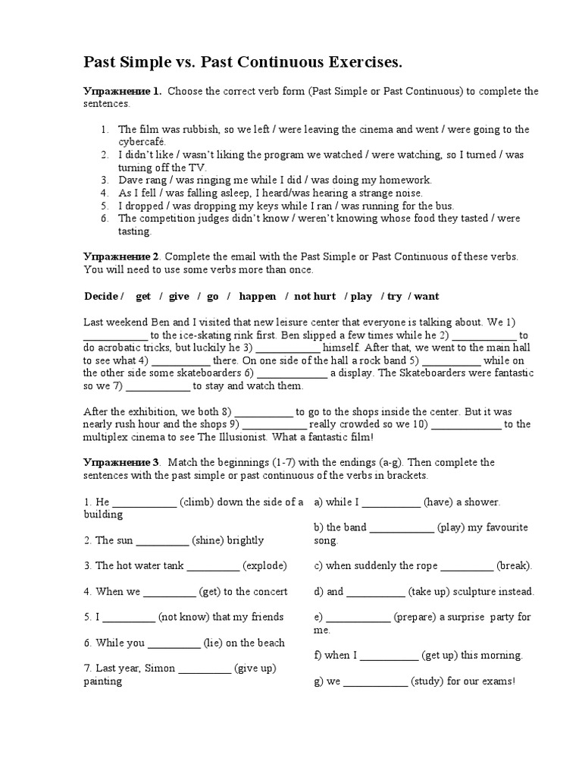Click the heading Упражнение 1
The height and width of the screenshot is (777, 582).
(x=122, y=91)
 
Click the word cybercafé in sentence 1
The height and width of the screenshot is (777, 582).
(x=142, y=142)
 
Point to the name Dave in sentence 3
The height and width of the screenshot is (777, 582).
(x=131, y=180)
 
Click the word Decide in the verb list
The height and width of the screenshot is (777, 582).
(x=101, y=296)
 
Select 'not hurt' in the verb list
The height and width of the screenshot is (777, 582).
(x=314, y=296)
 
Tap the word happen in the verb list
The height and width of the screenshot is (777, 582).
(x=258, y=296)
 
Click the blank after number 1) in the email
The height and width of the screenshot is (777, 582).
(x=115, y=335)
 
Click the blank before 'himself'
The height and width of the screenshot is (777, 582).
(x=289, y=348)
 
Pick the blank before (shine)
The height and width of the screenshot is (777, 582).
(x=162, y=540)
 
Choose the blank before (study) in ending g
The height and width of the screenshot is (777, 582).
(x=375, y=681)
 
